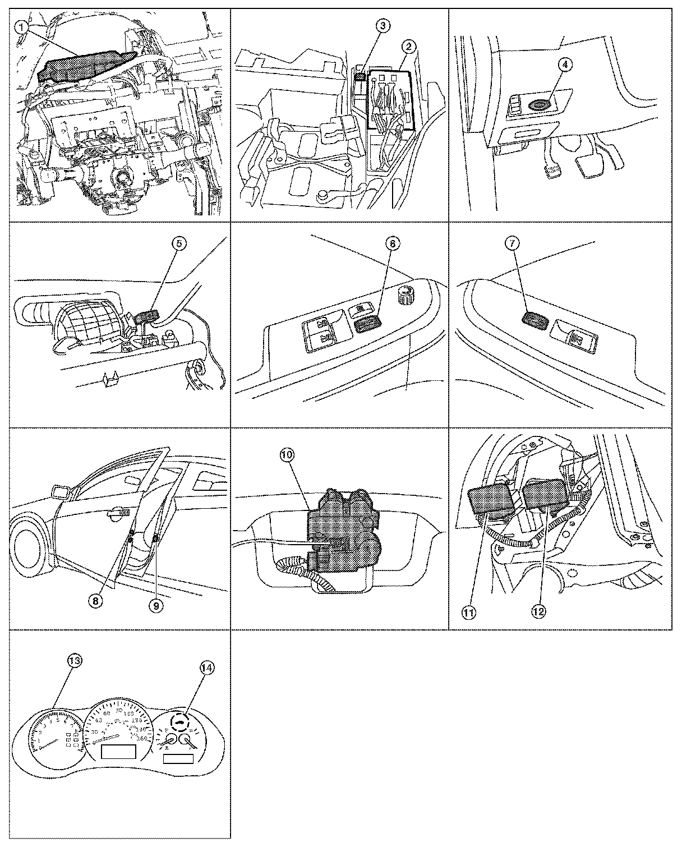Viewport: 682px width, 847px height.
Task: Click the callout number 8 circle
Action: point(96,600)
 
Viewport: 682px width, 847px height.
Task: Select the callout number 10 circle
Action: point(287,455)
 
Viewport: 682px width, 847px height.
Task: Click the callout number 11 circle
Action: point(469,613)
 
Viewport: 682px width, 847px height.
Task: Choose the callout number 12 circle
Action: point(538,612)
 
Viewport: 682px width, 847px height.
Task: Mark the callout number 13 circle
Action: point(73,661)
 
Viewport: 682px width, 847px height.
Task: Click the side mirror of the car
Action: point(60,492)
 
